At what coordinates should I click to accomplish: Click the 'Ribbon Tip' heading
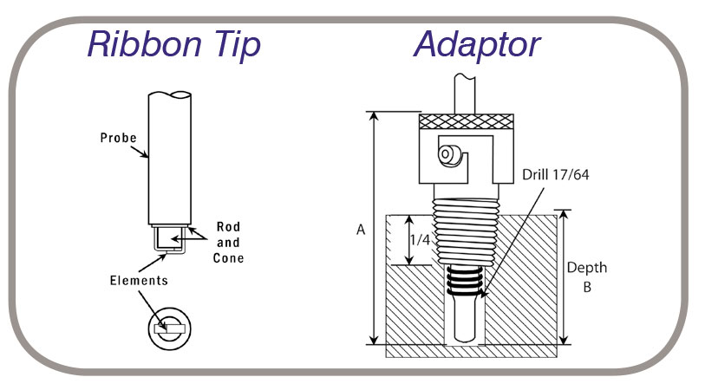click(x=173, y=44)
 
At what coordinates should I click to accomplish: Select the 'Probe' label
click(x=117, y=138)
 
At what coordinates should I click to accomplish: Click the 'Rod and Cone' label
click(x=228, y=243)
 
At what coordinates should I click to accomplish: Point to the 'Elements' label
click(x=139, y=281)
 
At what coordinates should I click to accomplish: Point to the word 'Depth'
click(x=587, y=268)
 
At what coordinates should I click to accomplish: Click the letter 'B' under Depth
click(x=587, y=287)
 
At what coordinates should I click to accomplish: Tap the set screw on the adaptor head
click(x=449, y=154)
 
